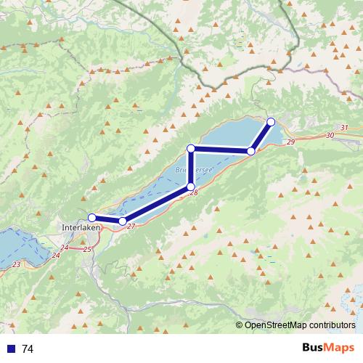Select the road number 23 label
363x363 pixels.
[x=17, y=264]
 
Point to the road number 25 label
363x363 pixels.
[x=88, y=249]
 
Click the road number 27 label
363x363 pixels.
[x=131, y=227]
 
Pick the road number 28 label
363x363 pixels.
[x=193, y=192]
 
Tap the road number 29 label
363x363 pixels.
[x=290, y=142]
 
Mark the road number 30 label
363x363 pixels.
[x=330, y=135]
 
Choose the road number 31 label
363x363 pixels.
[x=344, y=128]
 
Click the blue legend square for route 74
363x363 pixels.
[x=11, y=349]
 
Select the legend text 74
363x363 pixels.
[x=28, y=349]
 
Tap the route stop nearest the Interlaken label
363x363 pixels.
[x=92, y=217]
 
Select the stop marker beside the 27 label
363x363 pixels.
[x=123, y=221]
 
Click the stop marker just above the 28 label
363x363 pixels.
[x=191, y=187]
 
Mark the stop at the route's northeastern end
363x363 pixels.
[x=271, y=121]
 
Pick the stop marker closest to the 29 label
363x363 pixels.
[x=251, y=151]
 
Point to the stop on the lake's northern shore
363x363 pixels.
[x=191, y=148]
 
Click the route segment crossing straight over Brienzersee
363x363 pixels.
[x=191, y=168]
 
